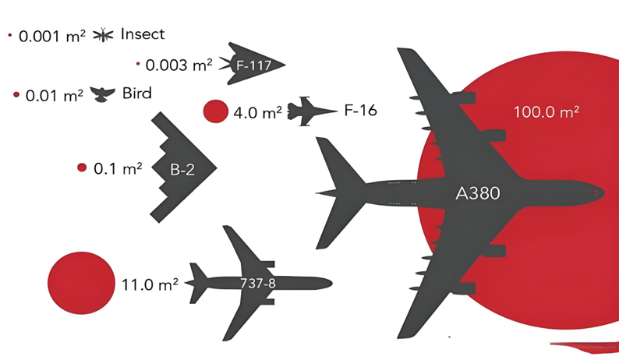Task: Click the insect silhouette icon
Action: click(x=104, y=35)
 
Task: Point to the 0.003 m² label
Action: click(x=179, y=65)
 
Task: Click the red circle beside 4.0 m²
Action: click(x=215, y=111)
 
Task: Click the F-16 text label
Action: click(x=360, y=111)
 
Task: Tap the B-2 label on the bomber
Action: click(x=182, y=168)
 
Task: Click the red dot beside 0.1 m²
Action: click(x=82, y=168)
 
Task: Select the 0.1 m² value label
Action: click(x=118, y=168)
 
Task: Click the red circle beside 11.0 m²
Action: click(x=81, y=282)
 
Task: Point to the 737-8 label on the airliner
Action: click(x=257, y=282)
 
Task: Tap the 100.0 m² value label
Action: click(x=546, y=111)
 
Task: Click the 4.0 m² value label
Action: click(x=257, y=112)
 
